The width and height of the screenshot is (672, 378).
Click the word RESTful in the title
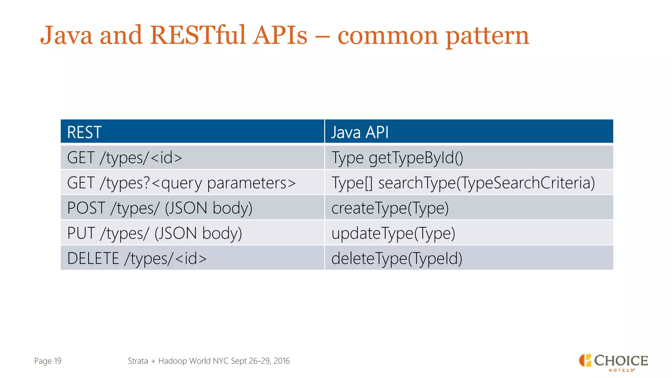coord(198,35)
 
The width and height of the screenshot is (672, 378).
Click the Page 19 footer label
coord(48,361)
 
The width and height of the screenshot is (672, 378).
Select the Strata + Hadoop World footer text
coord(209,361)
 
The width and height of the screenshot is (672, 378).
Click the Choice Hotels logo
coord(613,362)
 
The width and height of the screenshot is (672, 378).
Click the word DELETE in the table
coord(93,258)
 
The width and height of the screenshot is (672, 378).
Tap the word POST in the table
coord(86,208)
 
